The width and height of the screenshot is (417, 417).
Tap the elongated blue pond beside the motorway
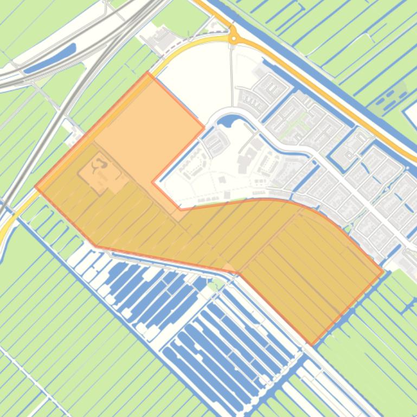pyautogui.click(x=49, y=58)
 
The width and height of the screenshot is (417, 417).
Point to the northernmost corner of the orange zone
pyautogui.click(x=147, y=73)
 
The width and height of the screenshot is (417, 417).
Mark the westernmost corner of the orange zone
pyautogui.click(x=36, y=187)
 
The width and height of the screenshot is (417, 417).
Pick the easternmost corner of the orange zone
pyautogui.click(x=383, y=272)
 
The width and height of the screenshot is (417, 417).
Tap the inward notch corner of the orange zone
pyautogui.click(x=153, y=183)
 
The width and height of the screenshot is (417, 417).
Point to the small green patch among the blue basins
pyautogui.click(x=216, y=283)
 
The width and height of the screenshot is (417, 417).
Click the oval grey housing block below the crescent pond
pyautogui.click(x=216, y=142)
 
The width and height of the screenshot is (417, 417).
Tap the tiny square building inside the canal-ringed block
pyautogui.click(x=222, y=180)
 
